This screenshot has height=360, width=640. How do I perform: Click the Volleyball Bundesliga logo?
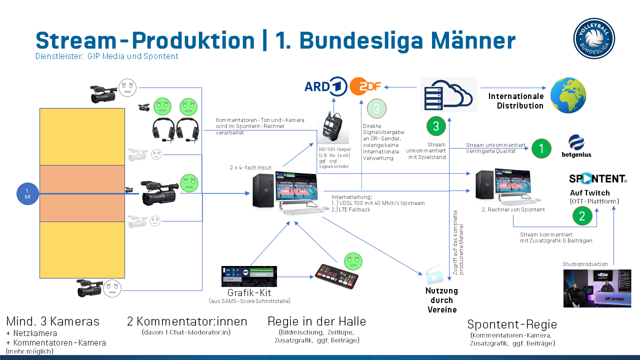[594, 38]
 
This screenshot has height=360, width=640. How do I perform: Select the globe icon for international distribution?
[568, 95]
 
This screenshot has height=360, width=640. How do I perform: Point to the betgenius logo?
[576, 146]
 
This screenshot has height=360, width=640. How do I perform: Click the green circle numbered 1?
[541, 148]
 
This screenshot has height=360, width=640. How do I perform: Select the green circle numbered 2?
[582, 215]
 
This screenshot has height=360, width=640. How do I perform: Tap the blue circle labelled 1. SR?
[27, 193]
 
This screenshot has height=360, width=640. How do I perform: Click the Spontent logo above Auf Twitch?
[597, 178]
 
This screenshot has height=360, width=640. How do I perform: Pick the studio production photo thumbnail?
[597, 288]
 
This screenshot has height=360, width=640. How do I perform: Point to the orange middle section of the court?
[82, 193]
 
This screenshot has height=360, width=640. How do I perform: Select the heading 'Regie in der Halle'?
[316, 321]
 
